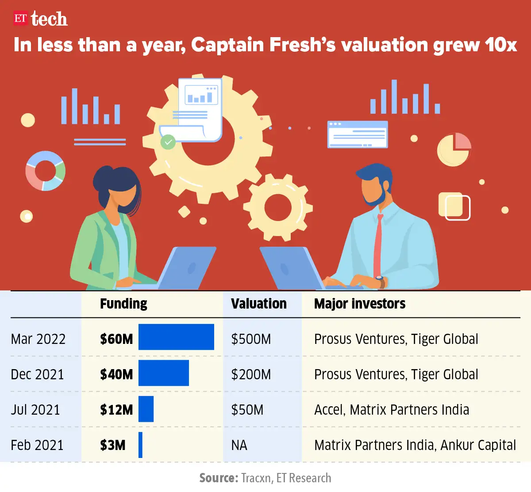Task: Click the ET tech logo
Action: click(40, 19)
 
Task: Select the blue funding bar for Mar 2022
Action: click(176, 337)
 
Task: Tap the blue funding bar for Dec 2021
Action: click(164, 373)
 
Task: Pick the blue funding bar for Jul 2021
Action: click(146, 409)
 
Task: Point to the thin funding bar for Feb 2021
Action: click(140, 445)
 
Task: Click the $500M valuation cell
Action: click(251, 339)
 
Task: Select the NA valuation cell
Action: click(239, 445)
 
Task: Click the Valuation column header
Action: click(258, 304)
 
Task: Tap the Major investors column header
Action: click(359, 304)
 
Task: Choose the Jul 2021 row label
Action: click(35, 410)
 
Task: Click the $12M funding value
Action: click(116, 410)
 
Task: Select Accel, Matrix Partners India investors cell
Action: click(391, 410)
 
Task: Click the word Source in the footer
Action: click(219, 478)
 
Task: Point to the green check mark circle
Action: click(168, 142)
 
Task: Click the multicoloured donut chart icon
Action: click(45, 171)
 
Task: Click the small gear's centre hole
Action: click(278, 207)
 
